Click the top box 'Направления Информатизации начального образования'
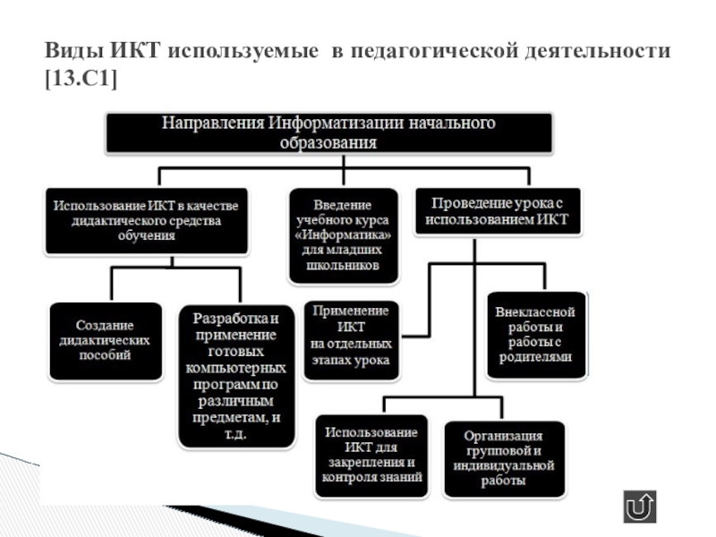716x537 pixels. pos(328,132)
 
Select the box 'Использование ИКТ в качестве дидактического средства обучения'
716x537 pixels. pos(148,220)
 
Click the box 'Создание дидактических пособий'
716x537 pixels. pos(105,340)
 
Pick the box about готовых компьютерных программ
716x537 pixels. pos(236,376)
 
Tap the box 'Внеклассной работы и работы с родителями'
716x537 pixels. pos(534,334)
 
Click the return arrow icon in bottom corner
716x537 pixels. pos(640,507)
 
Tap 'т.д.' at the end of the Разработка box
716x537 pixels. pos(237,433)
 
